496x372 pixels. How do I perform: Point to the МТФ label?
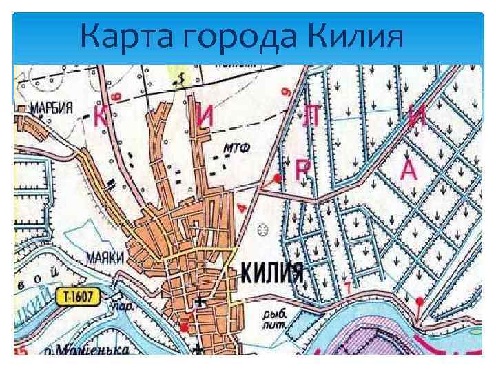pyautogui.click(x=236, y=147)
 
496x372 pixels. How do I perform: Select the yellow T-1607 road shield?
pyautogui.click(x=78, y=297)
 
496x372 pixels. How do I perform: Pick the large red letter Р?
pyautogui.click(x=302, y=169)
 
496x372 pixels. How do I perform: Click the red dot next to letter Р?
pyautogui.click(x=278, y=178)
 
